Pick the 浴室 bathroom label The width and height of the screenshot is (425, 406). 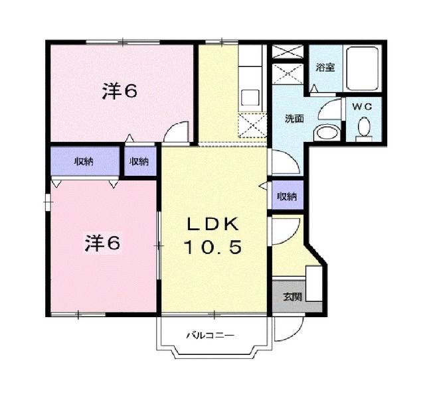pos(324,67)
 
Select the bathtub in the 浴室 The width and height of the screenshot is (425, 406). pos(364,69)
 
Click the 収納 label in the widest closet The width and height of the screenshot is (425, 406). pos(84,161)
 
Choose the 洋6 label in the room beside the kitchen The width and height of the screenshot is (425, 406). pos(120,92)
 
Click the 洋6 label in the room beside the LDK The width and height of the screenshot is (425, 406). pos(102,243)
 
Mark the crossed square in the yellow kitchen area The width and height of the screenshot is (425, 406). pos(252,125)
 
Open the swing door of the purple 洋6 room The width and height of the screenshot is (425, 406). pos(177,132)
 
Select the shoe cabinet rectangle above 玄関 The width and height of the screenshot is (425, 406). pos(312,279)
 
